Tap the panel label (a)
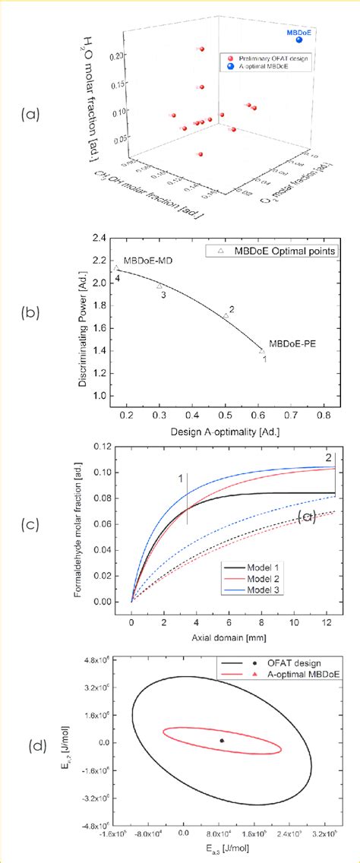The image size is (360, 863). [x=31, y=115]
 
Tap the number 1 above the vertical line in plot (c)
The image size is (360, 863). [x=181, y=479]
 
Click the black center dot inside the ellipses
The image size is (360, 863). [x=221, y=740]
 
